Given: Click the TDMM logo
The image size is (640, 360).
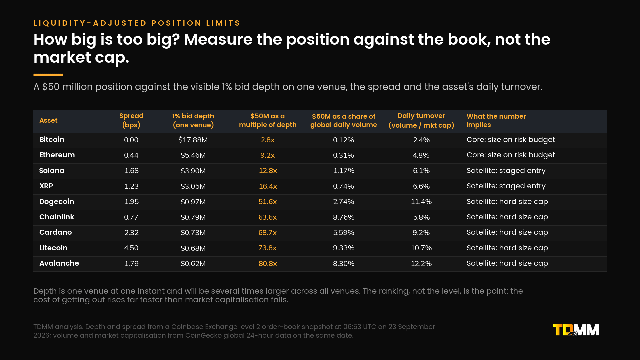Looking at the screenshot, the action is [x=576, y=330].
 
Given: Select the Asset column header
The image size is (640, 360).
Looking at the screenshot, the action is [x=48, y=120].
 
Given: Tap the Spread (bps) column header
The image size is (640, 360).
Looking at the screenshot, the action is [x=131, y=120].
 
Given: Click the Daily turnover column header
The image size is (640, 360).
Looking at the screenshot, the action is [x=421, y=120].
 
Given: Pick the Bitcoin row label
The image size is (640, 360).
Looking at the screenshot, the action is [x=52, y=140].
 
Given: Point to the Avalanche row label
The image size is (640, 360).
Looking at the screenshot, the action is [x=59, y=263].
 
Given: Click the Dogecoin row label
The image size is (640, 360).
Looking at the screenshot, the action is [x=57, y=202].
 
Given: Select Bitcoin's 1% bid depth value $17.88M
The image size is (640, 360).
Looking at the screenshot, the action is [x=193, y=140].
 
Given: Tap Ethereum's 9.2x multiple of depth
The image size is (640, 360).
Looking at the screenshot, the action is [x=268, y=155].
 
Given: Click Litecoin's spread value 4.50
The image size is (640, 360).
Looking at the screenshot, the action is [x=131, y=248].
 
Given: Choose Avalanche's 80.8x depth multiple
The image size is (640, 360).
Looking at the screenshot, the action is [x=268, y=264].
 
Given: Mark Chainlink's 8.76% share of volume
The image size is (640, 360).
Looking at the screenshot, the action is [x=344, y=217].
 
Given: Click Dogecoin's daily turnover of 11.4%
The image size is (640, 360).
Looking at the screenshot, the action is [x=421, y=202].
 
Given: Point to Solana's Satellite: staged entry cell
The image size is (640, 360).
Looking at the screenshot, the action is [x=506, y=171].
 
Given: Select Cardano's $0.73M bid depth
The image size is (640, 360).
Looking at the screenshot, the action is [x=193, y=233].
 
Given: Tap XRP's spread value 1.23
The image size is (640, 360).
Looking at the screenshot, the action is [x=131, y=186].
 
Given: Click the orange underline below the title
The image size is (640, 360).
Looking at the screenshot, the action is [x=48, y=75].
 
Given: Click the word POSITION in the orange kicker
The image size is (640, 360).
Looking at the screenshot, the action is [x=176, y=23].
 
